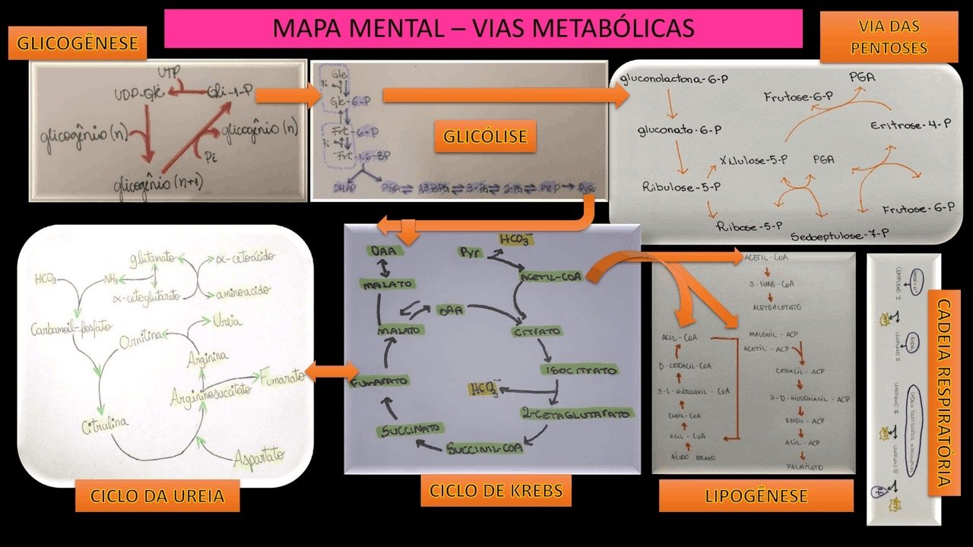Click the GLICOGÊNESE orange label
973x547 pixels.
pyautogui.click(x=78, y=43)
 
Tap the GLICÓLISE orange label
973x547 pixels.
pyautogui.click(x=485, y=137)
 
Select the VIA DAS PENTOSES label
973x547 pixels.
pyautogui.click(x=889, y=37)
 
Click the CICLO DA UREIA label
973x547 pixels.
pyautogui.click(x=157, y=497)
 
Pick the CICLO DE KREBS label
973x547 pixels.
pyautogui.click(x=495, y=491)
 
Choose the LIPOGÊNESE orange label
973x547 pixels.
pyautogui.click(x=756, y=496)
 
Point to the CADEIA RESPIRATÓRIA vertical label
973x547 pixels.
pyautogui.click(x=943, y=393)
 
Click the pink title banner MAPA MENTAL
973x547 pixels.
pyautogui.click(x=483, y=28)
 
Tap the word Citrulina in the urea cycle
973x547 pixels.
pyautogui.click(x=105, y=426)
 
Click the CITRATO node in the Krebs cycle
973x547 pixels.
pyautogui.click(x=537, y=332)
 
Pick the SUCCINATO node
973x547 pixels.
pyautogui.click(x=407, y=431)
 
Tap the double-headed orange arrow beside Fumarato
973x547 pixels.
pyautogui.click(x=331, y=372)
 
